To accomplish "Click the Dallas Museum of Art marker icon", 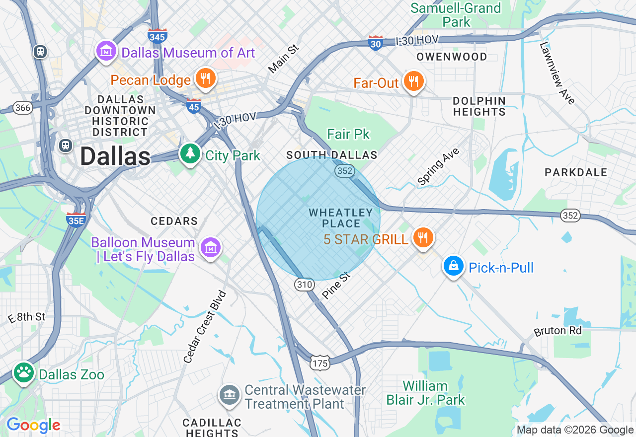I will coord(106,51).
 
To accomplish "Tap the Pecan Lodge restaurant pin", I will coord(205,78).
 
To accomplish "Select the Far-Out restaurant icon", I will coord(413,81).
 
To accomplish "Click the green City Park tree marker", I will coord(190,154).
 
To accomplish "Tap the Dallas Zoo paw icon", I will coord(23,373).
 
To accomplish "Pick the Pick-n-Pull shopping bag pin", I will coord(453,266).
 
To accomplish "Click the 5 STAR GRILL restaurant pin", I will coord(422,238).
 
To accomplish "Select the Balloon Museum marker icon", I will coord(210,247).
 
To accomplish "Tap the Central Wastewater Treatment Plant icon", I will coord(229,395).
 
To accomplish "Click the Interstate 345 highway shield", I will coord(158,36).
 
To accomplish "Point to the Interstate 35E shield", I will coord(76,219).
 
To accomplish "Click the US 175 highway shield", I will coord(320,363).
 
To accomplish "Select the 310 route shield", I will coord(304,285).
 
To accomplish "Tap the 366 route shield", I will coord(22,108).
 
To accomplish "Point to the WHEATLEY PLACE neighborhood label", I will coord(341,218).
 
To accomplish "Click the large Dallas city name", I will coord(115,156).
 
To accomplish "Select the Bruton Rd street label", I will coord(557,330).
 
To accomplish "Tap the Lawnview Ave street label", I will coord(557,73).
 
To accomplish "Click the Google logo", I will coord(33,425).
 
